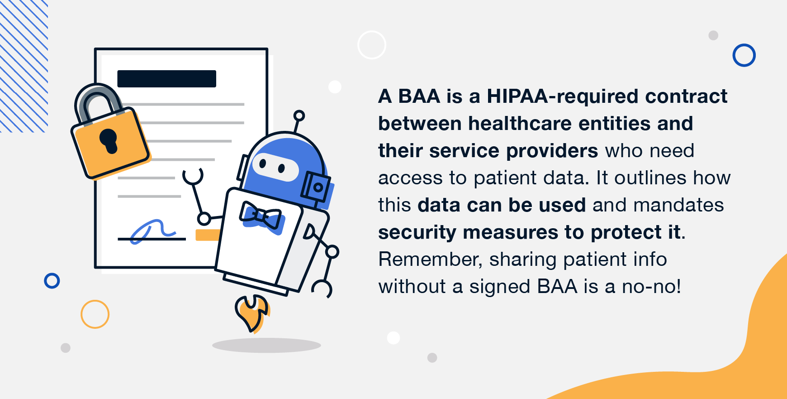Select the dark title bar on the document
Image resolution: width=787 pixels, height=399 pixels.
point(166,79)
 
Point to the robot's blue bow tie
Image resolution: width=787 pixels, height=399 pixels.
point(261,216)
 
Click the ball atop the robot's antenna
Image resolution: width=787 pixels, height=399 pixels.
point(299,115)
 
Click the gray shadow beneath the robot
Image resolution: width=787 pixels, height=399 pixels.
point(266,346)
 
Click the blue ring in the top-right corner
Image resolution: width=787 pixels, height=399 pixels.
point(744,55)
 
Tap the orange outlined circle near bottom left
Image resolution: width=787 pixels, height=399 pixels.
point(95,314)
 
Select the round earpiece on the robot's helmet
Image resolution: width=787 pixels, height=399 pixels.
point(317,187)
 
